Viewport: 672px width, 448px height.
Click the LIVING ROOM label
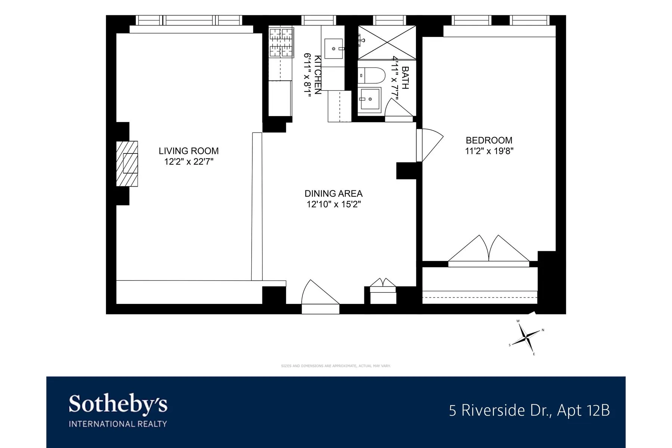pos(189,151)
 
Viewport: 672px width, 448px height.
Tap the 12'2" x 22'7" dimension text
pos(189,162)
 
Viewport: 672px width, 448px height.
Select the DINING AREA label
pos(333,193)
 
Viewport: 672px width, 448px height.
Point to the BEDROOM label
pos(489,140)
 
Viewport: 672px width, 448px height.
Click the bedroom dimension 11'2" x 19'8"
pos(489,151)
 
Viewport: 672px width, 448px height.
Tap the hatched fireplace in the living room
pos(127,164)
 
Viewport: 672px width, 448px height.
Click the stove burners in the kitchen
pos(281,41)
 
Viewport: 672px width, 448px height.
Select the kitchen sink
pos(333,49)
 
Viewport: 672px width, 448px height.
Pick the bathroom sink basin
pos(370,99)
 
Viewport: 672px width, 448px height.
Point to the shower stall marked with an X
pos(387,42)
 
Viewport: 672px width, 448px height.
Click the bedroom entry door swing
pos(429,144)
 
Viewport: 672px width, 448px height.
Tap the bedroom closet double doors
pos(489,250)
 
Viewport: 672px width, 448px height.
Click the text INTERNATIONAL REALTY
pos(118,424)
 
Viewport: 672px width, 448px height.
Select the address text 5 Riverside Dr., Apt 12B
pos(529,410)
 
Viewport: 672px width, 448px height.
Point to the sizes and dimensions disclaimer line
pos(336,366)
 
